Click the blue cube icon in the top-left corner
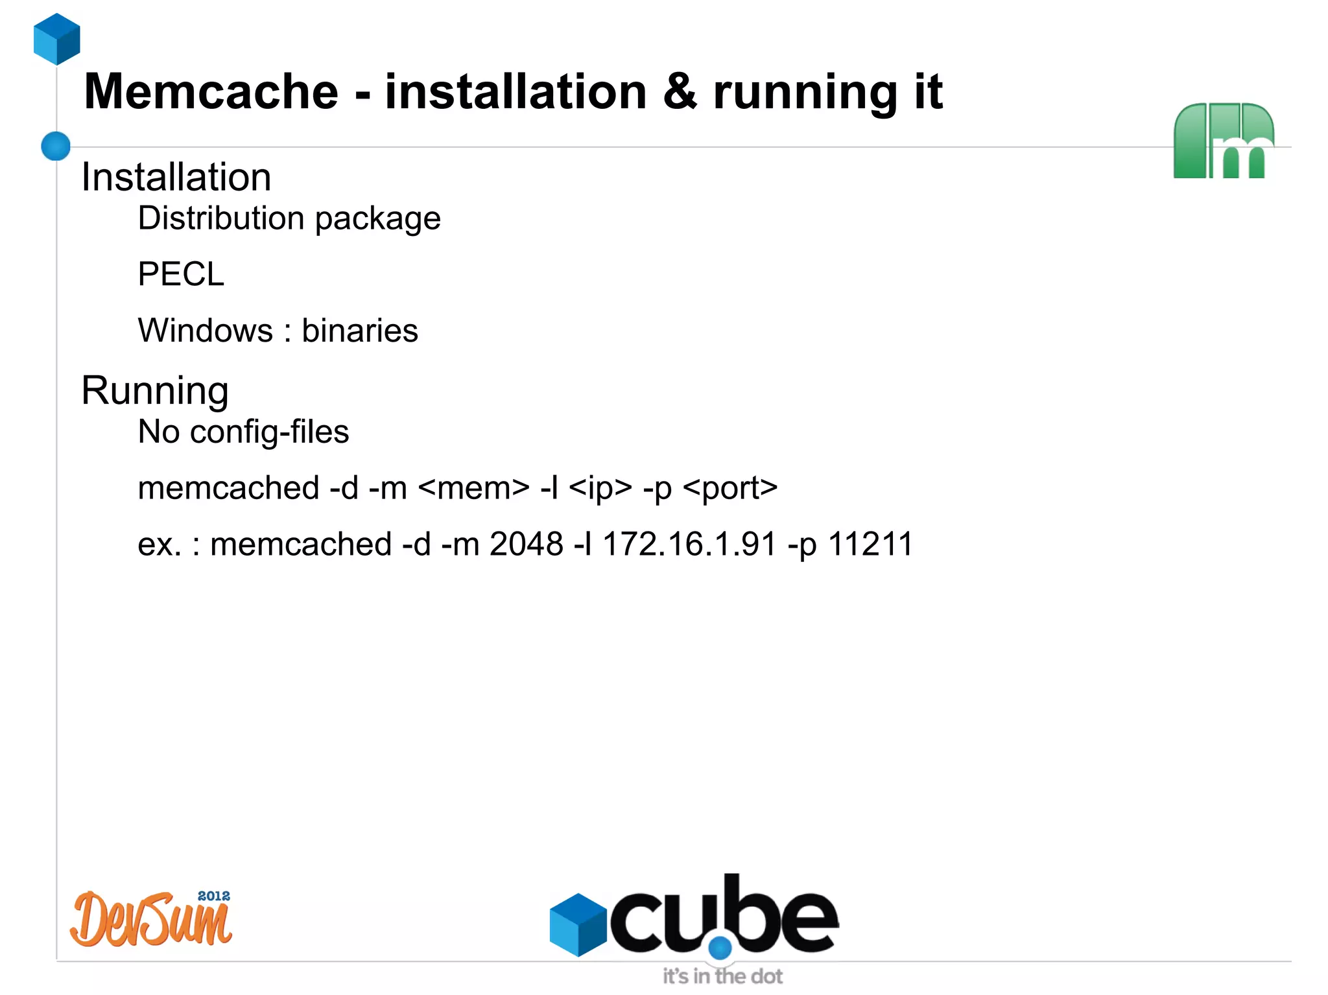[56, 39]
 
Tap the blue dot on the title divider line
[56, 146]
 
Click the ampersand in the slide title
[680, 91]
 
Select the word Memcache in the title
[211, 91]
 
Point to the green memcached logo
[1223, 141]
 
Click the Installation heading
[176, 177]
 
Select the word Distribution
[221, 218]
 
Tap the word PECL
[181, 274]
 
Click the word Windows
[205, 331]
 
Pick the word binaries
[360, 331]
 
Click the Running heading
[155, 391]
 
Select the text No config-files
[243, 432]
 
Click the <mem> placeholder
[474, 488]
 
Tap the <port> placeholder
[730, 488]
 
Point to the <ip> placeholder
[600, 488]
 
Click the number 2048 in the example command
[526, 544]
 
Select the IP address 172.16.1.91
[689, 544]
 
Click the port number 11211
[871, 544]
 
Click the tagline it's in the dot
[722, 976]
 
